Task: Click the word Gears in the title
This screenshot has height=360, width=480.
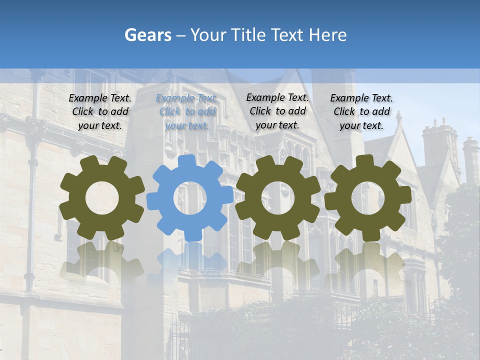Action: [x=147, y=35]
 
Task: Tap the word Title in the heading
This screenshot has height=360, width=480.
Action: [x=250, y=35]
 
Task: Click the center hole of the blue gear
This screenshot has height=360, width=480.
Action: [x=189, y=198]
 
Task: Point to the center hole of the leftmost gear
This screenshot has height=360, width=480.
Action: [x=102, y=198]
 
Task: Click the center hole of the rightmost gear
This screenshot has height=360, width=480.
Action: [x=368, y=198]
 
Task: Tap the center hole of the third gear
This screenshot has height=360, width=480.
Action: [x=278, y=198]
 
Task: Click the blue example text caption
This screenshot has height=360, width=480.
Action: [x=187, y=112]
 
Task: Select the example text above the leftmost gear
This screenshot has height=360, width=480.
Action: [x=100, y=112]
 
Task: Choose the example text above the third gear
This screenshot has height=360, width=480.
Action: [x=277, y=111]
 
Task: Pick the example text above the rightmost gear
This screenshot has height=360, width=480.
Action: [x=361, y=112]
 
